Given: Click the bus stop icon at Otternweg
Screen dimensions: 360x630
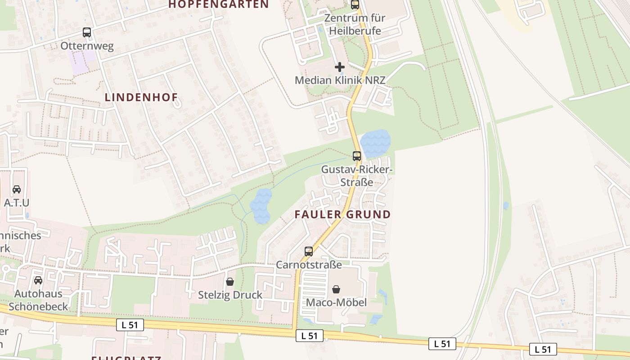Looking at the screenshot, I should pyautogui.click(x=87, y=32).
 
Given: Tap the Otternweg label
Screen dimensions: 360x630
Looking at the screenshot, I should pyautogui.click(x=87, y=46).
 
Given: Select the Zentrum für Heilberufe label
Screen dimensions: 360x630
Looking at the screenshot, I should pyautogui.click(x=355, y=24).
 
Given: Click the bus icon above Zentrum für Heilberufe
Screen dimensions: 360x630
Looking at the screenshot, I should pyautogui.click(x=355, y=5).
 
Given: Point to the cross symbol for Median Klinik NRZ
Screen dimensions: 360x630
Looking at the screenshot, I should pyautogui.click(x=340, y=67).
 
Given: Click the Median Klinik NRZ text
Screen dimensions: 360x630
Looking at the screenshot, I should pyautogui.click(x=340, y=80).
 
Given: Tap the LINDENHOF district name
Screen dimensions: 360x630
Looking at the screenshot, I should pyautogui.click(x=141, y=97).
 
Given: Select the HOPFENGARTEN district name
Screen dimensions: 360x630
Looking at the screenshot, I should pyautogui.click(x=218, y=5).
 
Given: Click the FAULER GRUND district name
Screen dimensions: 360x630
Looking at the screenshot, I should pyautogui.click(x=342, y=214).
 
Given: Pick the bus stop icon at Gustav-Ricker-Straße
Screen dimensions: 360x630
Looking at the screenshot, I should pyautogui.click(x=357, y=156).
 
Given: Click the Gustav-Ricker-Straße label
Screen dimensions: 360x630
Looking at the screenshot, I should pyautogui.click(x=357, y=176).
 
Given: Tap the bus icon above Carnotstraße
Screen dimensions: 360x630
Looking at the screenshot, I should pyautogui.click(x=309, y=252).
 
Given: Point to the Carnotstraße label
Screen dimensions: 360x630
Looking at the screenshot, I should pyautogui.click(x=309, y=265).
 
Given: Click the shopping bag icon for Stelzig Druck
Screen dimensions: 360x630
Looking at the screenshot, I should pyautogui.click(x=230, y=282).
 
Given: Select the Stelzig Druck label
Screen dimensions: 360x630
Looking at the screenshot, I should pyautogui.click(x=230, y=295).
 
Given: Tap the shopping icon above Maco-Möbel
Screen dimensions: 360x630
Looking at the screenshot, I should pyautogui.click(x=336, y=289).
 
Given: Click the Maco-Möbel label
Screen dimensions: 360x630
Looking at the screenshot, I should pyautogui.click(x=336, y=302).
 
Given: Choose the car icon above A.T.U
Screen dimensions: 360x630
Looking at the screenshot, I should pyautogui.click(x=17, y=189).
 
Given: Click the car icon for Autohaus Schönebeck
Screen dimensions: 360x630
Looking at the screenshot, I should pyautogui.click(x=38, y=280).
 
